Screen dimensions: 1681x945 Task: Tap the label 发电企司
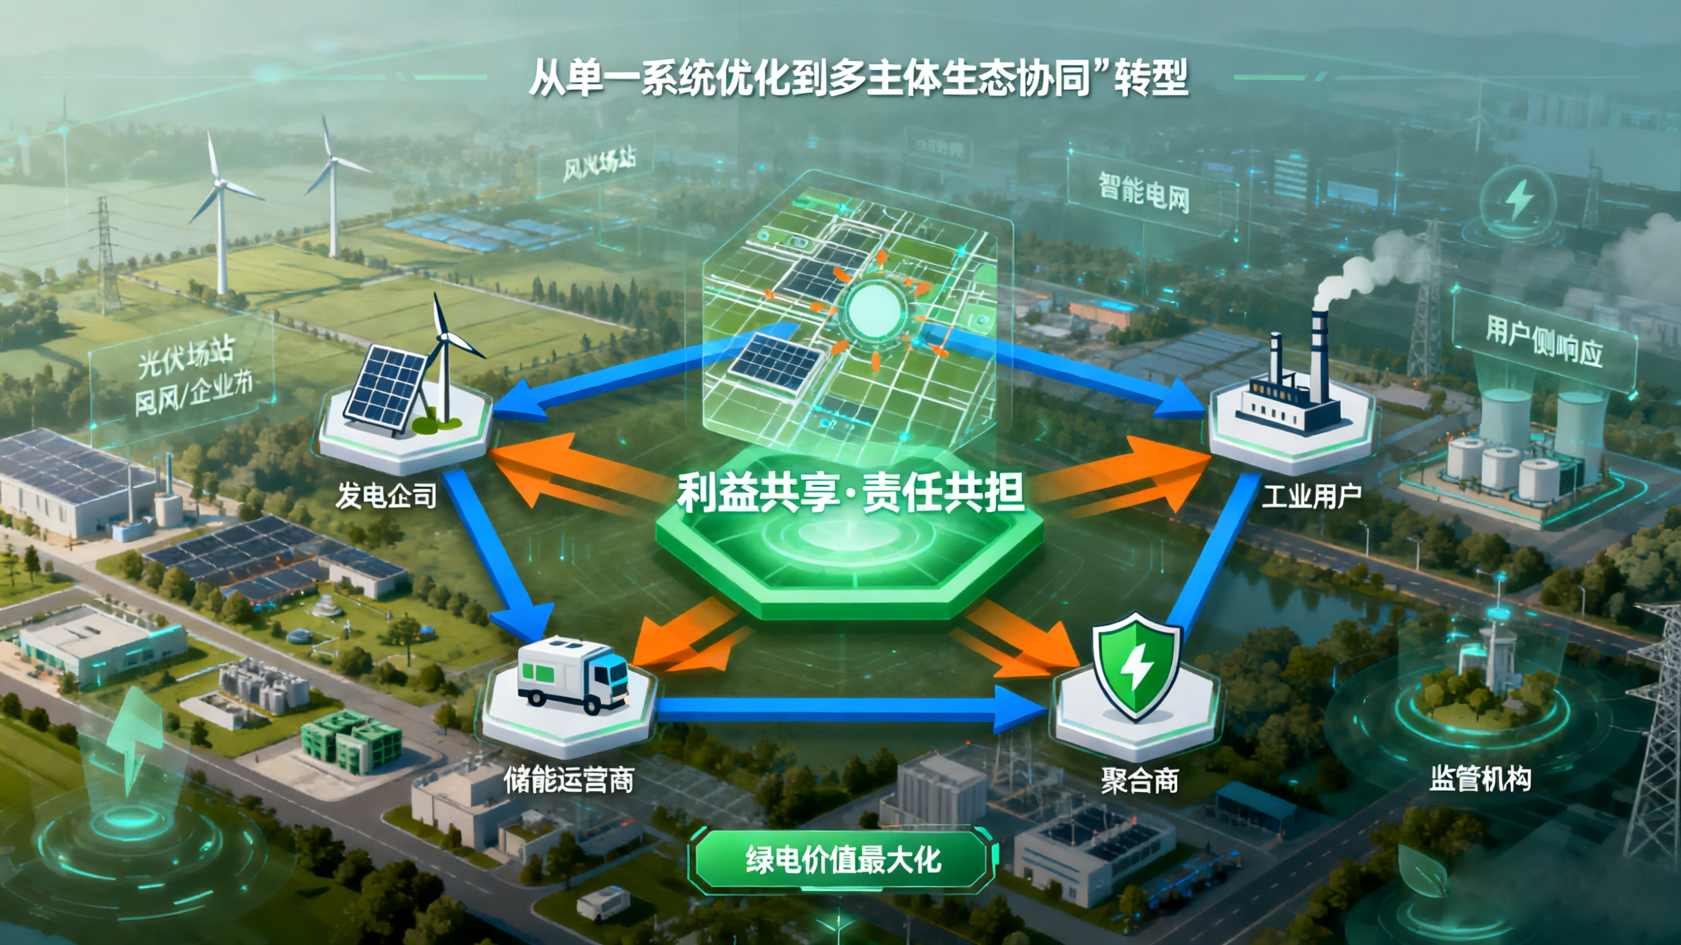coord(385,496)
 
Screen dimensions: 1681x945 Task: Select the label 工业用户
coord(1311,496)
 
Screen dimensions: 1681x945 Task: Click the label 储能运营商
coord(568,779)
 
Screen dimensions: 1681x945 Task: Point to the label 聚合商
coord(1139,780)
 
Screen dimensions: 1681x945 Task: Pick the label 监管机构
coord(1480,778)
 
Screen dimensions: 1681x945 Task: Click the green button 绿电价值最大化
coord(842,860)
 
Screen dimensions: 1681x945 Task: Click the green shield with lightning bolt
coord(1136,666)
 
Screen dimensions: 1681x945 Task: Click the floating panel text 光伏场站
coord(185,357)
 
